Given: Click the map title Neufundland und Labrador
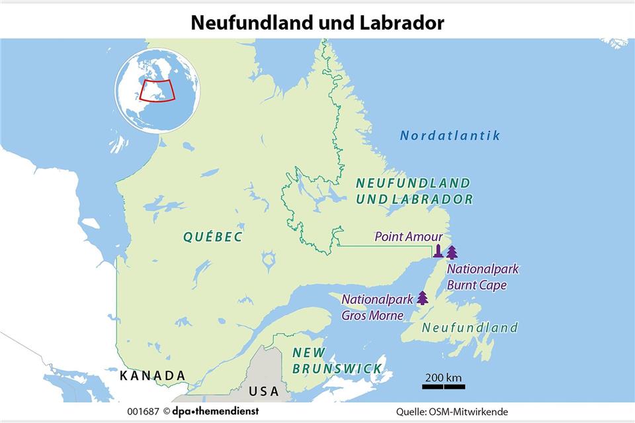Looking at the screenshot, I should (x=317, y=22).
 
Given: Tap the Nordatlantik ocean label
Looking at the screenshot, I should (x=450, y=136).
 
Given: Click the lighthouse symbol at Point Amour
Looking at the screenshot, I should (x=438, y=251).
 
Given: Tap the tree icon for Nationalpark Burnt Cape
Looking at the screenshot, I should (x=452, y=252).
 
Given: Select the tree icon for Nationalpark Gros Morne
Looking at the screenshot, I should (x=422, y=298).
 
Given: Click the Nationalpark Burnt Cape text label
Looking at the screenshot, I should (x=482, y=277).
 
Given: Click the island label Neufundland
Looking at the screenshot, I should (x=470, y=328).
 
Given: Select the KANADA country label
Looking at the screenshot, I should (x=152, y=375).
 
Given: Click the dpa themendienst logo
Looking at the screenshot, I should (x=216, y=411).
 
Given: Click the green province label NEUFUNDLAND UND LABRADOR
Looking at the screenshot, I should (x=413, y=191).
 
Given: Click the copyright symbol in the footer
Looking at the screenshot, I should (x=165, y=411).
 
